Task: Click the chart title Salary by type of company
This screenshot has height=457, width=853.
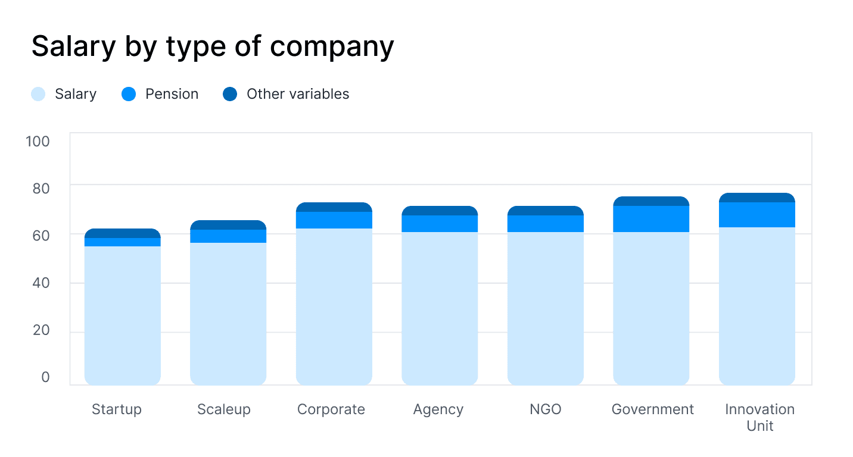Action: tap(213, 46)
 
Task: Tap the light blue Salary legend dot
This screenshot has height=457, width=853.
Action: tap(38, 94)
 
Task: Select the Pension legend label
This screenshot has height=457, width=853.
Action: tap(172, 94)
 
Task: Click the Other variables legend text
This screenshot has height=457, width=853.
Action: tap(298, 94)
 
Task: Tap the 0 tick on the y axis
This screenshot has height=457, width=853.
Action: tap(46, 377)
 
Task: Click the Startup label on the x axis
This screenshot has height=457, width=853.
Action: tap(117, 409)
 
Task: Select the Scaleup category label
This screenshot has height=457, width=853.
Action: tap(224, 409)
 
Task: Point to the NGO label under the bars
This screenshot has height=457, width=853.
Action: tap(545, 409)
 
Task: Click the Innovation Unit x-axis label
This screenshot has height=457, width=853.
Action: tap(759, 417)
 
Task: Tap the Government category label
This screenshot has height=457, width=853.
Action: tap(652, 409)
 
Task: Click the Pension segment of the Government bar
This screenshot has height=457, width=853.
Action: tap(651, 219)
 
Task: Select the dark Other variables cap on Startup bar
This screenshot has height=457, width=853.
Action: tap(123, 233)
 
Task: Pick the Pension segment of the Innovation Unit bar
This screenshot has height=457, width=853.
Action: tap(757, 215)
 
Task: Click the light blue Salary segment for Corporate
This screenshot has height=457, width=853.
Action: tap(334, 306)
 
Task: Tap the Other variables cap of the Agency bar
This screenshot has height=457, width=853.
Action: tap(440, 211)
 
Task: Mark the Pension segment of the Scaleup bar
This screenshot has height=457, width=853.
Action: tap(228, 236)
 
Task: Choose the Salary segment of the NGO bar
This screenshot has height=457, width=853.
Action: tap(546, 308)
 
